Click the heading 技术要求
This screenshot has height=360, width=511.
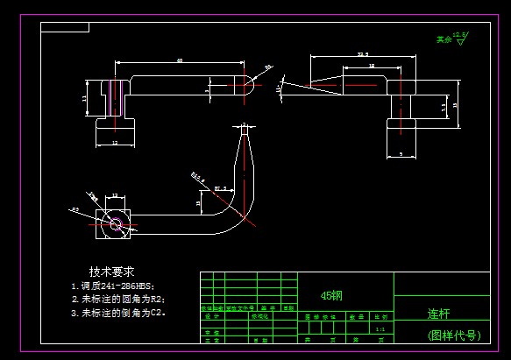coord(111,272)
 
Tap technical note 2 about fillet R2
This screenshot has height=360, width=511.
coord(118,299)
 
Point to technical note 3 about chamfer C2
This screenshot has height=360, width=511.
coord(118,312)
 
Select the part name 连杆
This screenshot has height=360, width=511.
coord(438,313)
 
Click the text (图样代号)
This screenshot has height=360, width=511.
coord(454,335)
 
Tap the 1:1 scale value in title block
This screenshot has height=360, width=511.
coord(380,329)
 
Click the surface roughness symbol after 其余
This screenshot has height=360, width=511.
coord(462,36)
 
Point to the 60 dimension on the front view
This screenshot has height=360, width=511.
coord(180,60)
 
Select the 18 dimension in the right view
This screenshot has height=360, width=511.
coord(372,66)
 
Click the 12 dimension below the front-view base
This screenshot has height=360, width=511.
coord(115,142)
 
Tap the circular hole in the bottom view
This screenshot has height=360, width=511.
coord(114,222)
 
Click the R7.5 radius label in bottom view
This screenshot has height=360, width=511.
coord(220,187)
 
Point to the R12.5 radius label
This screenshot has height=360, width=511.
coord(197,175)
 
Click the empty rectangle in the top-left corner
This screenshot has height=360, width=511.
coord(65,27)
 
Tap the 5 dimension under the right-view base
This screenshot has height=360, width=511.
coord(401,154)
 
